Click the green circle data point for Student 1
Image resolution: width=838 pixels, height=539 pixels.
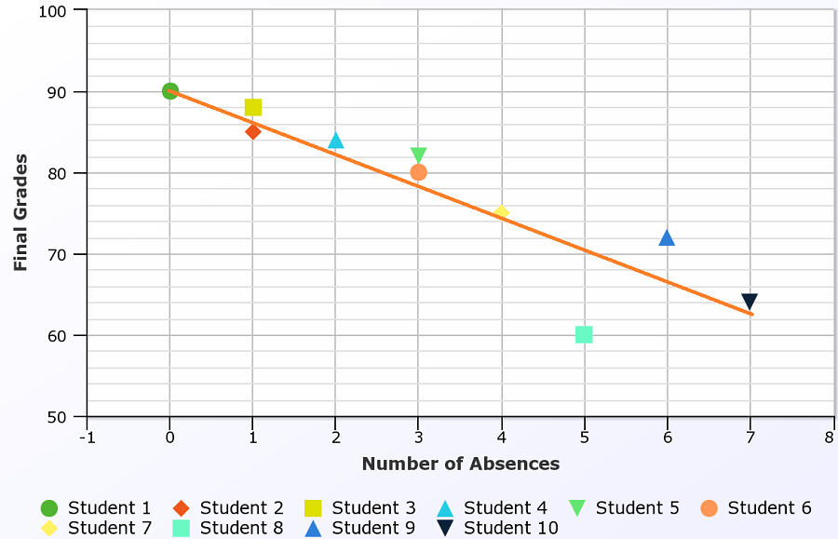169,91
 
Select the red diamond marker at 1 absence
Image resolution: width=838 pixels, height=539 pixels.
252,131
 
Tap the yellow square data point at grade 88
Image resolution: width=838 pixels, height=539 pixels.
252,108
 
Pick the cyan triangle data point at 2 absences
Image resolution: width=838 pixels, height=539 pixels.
336,141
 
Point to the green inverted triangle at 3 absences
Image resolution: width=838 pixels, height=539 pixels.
418,155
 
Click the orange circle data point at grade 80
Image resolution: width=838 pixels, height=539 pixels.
418,172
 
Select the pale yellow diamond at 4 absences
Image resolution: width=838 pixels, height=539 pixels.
501,212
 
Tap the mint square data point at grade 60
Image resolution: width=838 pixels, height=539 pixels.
584,334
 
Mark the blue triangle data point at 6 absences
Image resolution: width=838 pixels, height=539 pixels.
667,238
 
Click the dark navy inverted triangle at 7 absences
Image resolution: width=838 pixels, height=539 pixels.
750,302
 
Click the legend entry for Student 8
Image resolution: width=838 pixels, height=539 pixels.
228,528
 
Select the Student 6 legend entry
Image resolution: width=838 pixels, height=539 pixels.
756,508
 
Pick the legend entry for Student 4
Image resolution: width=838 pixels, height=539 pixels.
493,508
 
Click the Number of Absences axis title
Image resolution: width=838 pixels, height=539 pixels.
461,464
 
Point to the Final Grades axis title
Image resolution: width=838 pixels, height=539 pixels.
21,212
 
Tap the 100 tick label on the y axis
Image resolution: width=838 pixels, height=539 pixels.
54,11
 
